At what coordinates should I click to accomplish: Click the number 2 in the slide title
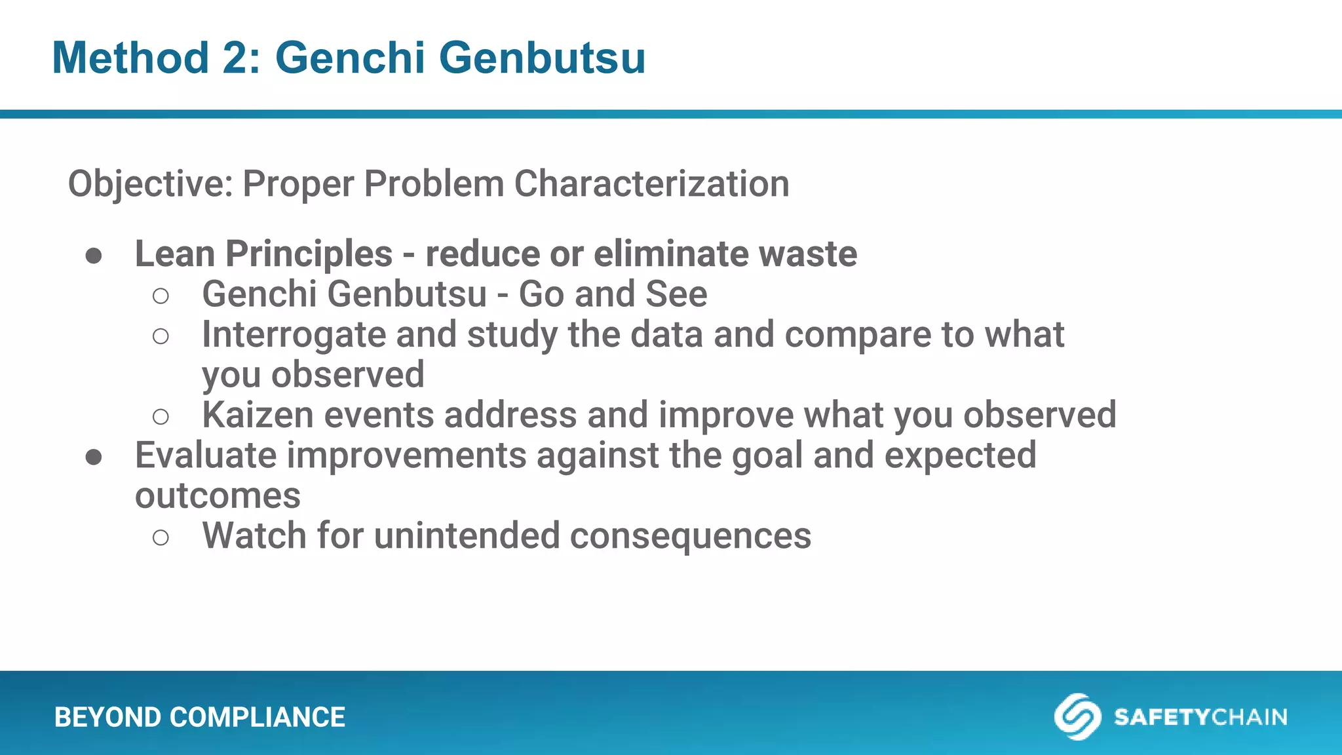pos(240,58)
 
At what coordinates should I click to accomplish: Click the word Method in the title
pos(130,58)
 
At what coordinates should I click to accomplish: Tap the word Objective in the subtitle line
pos(150,184)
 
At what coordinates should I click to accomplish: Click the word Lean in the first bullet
pos(174,254)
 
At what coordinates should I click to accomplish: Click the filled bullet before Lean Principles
pos(94,256)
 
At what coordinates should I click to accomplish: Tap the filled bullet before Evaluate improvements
pos(94,457)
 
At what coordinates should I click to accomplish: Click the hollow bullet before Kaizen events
pos(161,417)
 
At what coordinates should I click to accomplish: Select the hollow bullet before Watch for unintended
pos(161,538)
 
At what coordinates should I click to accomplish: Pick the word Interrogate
pos(294,335)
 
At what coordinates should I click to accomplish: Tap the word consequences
pos(690,537)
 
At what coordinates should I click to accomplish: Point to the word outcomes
pos(218,496)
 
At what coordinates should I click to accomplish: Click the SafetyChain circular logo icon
pos(1077,716)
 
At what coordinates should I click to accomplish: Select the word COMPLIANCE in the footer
pos(257,718)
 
